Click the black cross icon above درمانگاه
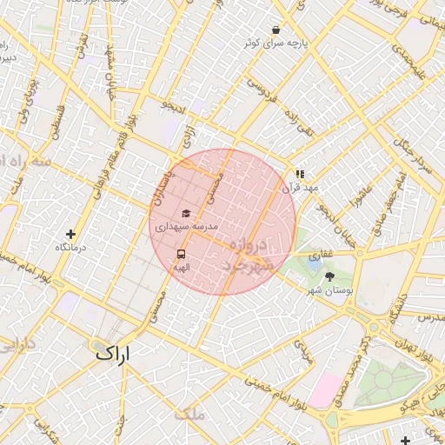click(x=71, y=234)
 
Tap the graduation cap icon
click(x=185, y=213)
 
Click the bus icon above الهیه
click(x=181, y=255)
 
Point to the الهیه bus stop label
click(x=181, y=267)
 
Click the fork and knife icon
click(x=300, y=174)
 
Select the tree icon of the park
click(x=329, y=276)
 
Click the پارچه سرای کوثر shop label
click(x=275, y=42)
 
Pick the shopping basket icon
click(x=276, y=29)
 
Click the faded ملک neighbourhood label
click(x=189, y=414)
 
